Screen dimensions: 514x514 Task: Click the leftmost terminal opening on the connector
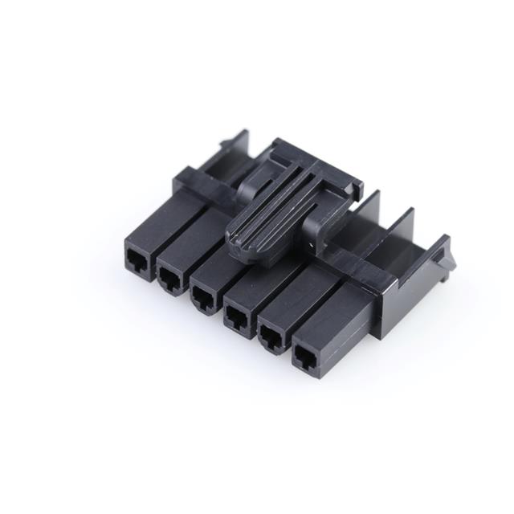coord(134,259)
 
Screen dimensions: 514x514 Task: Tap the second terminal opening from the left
coord(169,277)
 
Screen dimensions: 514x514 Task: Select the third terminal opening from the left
coord(202,296)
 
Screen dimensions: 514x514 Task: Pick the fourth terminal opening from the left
coord(237,316)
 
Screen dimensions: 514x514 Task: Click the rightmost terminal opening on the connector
coord(305,355)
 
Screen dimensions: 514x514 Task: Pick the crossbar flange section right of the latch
coord(353,261)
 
